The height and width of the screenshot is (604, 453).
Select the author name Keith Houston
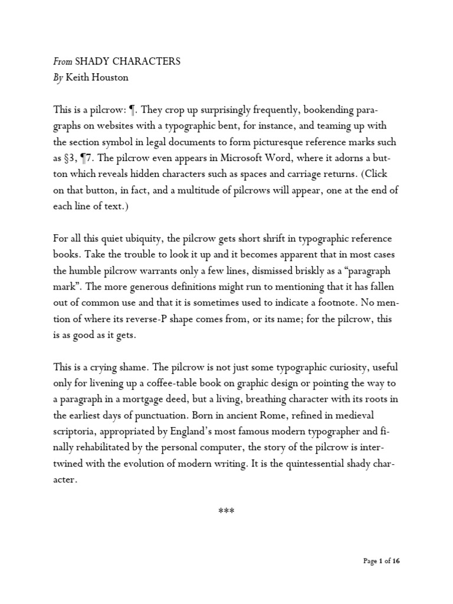click(99, 77)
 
